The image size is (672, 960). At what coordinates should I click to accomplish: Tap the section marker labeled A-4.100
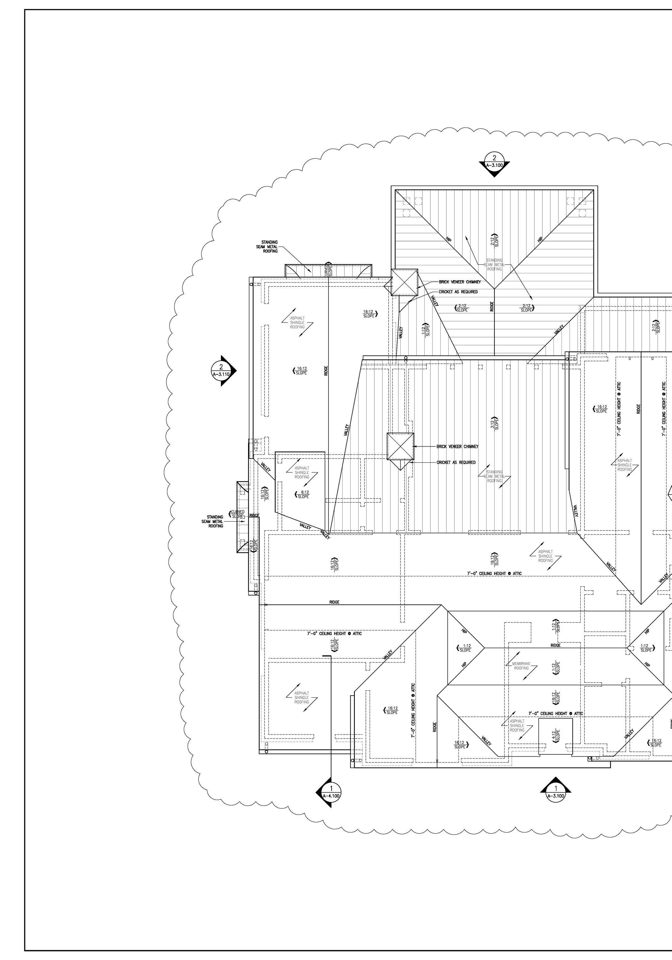(x=331, y=792)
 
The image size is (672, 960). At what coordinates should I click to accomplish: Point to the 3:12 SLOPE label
(x=495, y=423)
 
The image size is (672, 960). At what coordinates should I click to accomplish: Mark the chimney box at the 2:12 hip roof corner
(x=404, y=282)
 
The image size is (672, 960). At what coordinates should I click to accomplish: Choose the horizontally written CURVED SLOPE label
(x=237, y=514)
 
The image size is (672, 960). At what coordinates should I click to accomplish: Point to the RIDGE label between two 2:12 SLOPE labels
(x=492, y=306)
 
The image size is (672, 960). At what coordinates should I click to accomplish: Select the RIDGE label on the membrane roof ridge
(x=555, y=645)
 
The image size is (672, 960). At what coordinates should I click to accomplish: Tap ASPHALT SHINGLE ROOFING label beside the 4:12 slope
(x=517, y=725)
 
